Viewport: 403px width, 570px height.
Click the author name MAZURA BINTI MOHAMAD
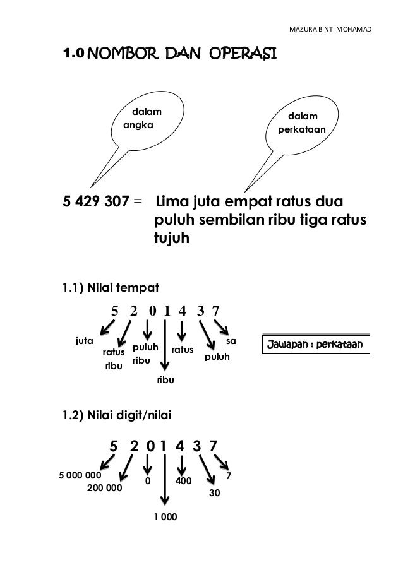click(330, 30)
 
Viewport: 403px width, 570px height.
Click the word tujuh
click(171, 240)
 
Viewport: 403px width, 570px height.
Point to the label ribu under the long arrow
click(165, 381)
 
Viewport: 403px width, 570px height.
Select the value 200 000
click(104, 488)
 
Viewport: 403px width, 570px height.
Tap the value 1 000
click(165, 517)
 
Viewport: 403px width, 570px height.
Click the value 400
click(183, 481)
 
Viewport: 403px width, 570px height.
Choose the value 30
click(214, 491)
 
